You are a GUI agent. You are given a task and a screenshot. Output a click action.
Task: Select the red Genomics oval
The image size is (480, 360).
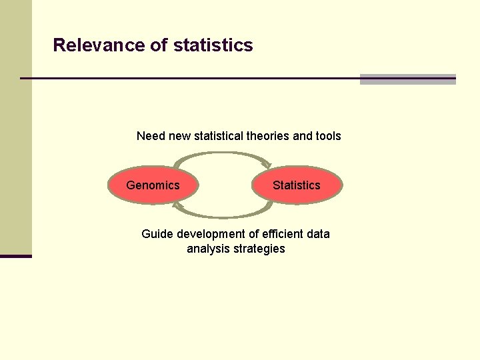click(153, 185)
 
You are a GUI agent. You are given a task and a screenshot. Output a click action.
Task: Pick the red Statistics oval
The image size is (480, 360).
click(297, 185)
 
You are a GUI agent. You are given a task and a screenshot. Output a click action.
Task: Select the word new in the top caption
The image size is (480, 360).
click(179, 136)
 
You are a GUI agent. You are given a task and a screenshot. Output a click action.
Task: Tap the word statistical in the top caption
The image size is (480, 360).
click(218, 136)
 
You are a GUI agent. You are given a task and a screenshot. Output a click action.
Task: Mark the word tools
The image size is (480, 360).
click(327, 136)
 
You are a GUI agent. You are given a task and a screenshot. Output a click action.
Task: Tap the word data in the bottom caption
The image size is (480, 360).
click(318, 234)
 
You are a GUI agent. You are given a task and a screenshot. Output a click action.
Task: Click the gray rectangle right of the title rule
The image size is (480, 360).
click(407, 79)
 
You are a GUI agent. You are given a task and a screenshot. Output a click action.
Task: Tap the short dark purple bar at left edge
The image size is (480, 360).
click(15, 256)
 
